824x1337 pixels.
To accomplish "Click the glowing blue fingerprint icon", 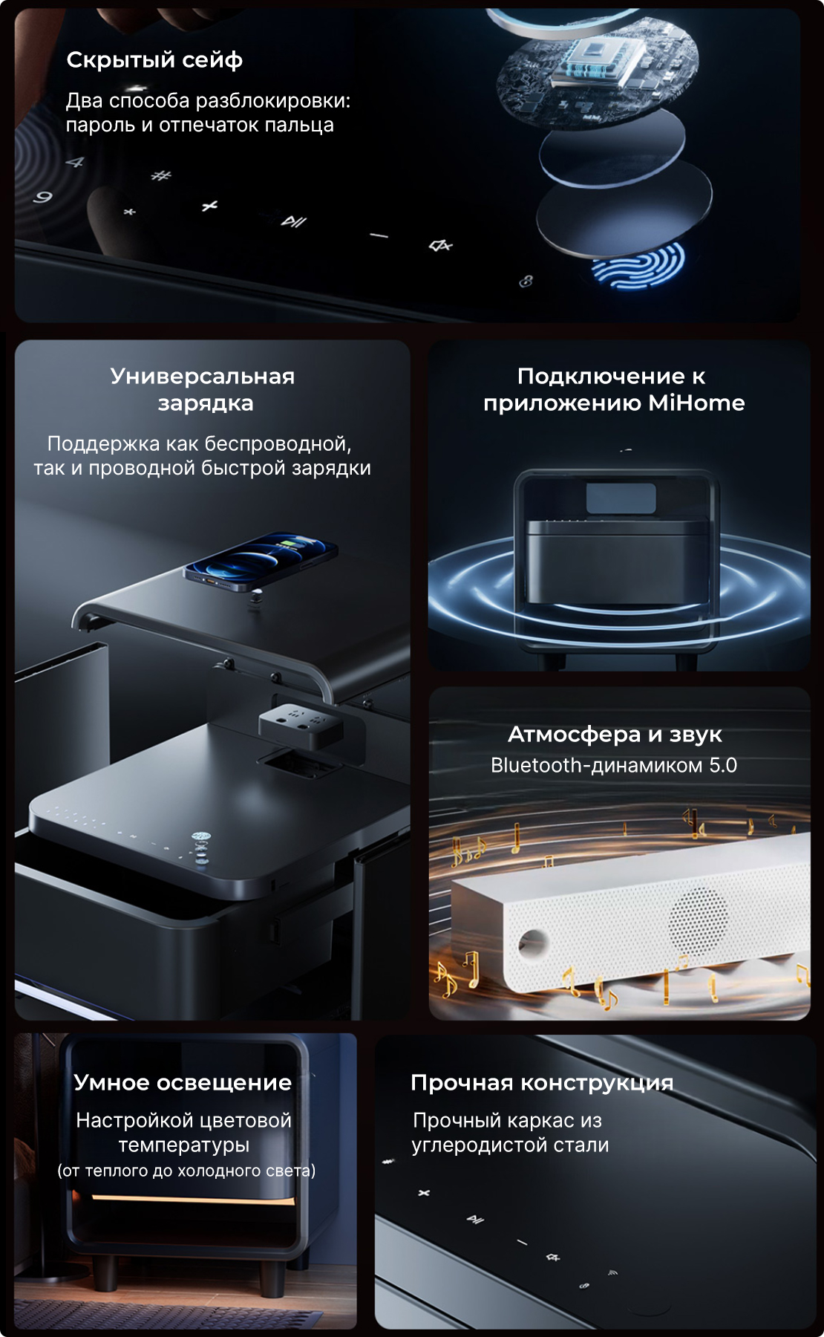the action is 638,265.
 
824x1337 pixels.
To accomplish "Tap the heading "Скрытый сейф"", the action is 154,59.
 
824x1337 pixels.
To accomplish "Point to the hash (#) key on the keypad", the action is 160,175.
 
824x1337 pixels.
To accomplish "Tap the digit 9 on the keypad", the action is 43,197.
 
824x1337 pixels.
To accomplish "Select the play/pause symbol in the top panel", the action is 293,221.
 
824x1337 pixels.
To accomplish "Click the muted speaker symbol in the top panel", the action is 441,245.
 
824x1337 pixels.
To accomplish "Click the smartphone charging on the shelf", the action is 260,561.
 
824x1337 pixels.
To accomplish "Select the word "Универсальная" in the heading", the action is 203,377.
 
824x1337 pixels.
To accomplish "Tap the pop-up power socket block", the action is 301,723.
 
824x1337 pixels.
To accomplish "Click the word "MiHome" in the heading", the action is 696,403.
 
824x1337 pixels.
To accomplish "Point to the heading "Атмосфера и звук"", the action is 615,735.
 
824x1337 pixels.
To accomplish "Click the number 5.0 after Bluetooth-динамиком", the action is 723,765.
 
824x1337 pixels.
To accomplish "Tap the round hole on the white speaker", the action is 533,944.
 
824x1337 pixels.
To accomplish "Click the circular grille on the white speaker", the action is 699,918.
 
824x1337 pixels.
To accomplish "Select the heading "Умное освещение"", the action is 183,1082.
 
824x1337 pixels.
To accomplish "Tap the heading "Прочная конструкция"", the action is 542,1083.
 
